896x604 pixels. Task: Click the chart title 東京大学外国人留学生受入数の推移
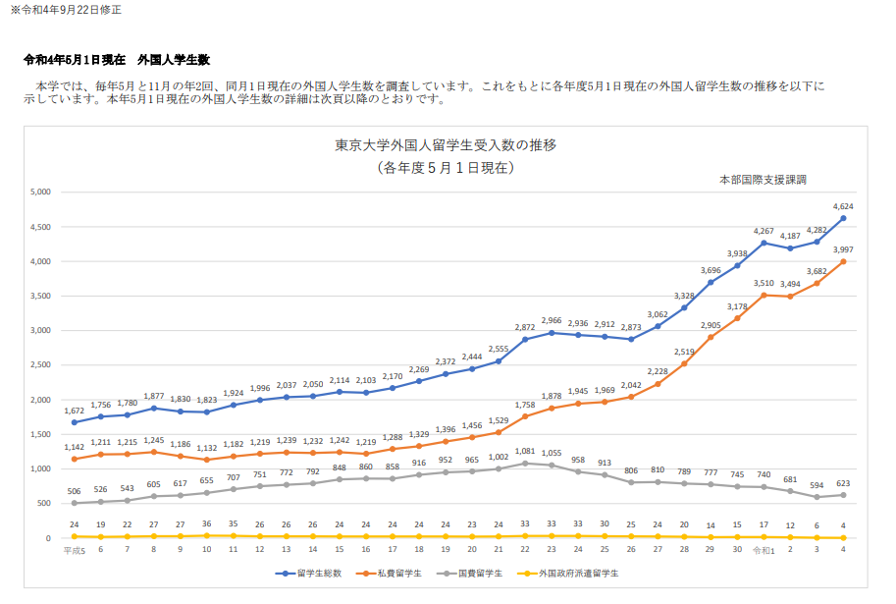coord(446,145)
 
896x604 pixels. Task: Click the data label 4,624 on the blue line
coord(843,206)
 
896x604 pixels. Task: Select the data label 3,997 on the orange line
coord(843,249)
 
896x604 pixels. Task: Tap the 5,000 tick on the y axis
coord(39,192)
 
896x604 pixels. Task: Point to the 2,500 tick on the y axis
coord(39,365)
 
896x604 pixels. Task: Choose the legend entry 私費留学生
coord(395,573)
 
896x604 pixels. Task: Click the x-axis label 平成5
coord(75,550)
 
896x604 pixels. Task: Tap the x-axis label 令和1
coord(763,550)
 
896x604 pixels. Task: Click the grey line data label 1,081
coord(524,451)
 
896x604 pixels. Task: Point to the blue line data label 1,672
coord(75,410)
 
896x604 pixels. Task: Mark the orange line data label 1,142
coord(75,447)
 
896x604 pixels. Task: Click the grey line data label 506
coord(75,491)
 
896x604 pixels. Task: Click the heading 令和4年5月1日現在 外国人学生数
coord(117,60)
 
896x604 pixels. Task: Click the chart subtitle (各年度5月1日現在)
coord(446,167)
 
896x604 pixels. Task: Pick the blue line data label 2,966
coord(552,320)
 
